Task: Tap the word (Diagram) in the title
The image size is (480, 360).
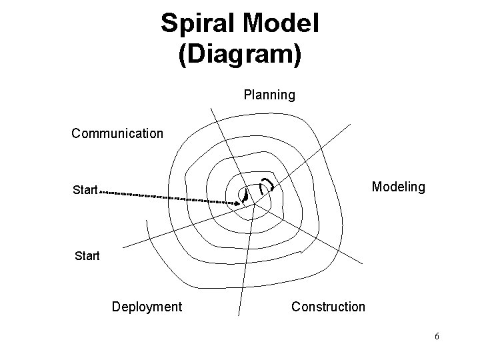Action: (239, 54)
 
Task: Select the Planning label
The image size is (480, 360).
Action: (269, 95)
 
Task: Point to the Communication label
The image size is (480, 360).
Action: (117, 133)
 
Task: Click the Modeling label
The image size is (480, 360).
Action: (398, 187)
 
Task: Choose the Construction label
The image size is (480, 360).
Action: (328, 307)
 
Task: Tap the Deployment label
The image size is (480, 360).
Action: (147, 307)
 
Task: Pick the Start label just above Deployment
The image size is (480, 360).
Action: (86, 255)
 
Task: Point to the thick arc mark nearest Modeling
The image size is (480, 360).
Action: (268, 183)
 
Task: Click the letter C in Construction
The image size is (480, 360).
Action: (296, 307)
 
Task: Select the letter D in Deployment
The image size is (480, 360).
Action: (116, 307)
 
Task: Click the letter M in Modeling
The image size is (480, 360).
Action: (377, 187)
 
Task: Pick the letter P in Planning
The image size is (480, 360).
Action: (248, 95)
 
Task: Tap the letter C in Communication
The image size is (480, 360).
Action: (76, 133)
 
